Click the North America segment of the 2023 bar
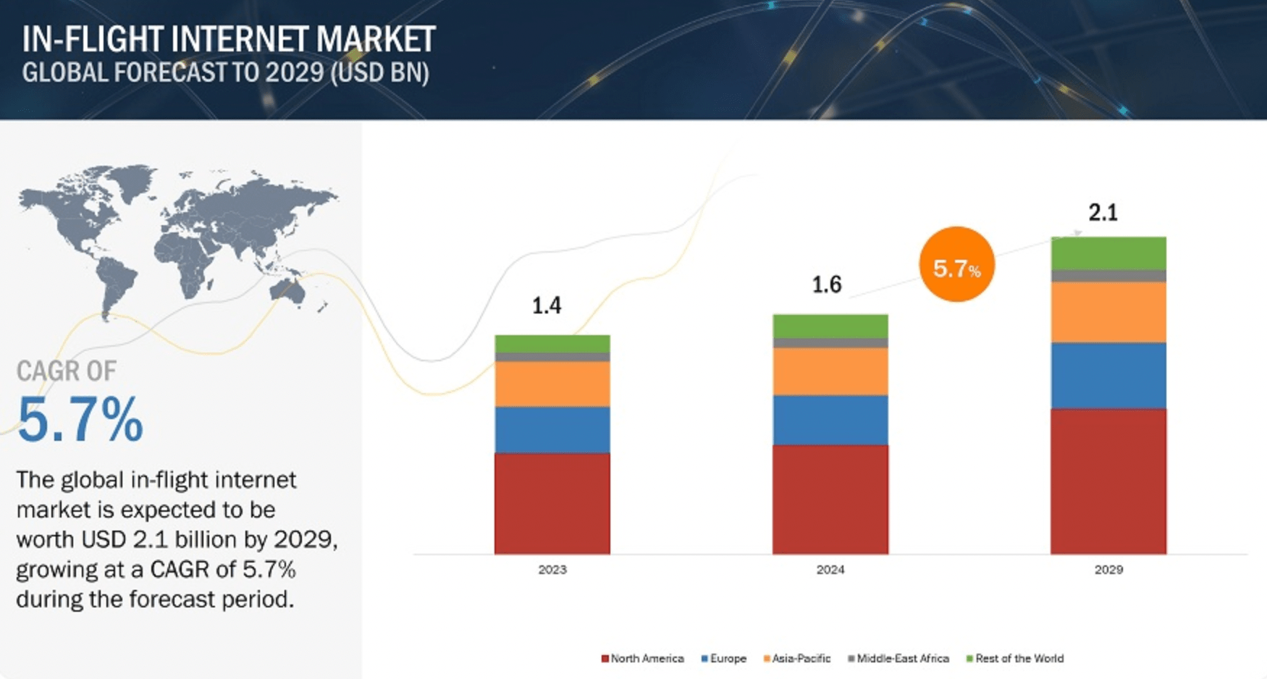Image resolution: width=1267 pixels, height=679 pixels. tap(552, 503)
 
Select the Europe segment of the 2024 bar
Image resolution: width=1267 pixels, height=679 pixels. tap(830, 420)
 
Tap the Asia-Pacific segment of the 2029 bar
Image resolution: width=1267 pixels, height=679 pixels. tap(1108, 312)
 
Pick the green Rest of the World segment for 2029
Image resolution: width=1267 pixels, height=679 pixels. tap(1108, 253)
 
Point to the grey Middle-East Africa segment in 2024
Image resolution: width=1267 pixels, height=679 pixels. tap(830, 343)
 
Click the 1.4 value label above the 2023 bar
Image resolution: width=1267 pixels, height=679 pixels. tap(547, 305)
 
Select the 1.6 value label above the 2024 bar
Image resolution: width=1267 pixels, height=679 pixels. tap(826, 284)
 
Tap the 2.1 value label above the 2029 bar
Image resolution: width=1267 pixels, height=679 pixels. tap(1103, 212)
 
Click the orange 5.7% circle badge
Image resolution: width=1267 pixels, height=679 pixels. tap(956, 264)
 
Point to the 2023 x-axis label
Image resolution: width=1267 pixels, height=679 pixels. tap(552, 570)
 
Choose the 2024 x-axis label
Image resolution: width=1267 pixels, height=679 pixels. tap(830, 570)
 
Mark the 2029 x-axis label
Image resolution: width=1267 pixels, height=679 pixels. tap(1108, 570)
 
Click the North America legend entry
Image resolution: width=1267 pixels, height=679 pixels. tap(643, 659)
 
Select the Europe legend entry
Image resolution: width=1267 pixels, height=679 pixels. tap(724, 659)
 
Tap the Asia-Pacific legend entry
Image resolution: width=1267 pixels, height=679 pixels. tap(797, 659)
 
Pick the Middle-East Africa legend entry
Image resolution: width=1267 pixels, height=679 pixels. tap(898, 659)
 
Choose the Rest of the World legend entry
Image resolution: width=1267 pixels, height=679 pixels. tap(1015, 659)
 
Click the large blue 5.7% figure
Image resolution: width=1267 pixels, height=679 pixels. tap(80, 420)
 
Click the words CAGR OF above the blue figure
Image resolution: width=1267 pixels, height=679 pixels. tap(66, 371)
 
